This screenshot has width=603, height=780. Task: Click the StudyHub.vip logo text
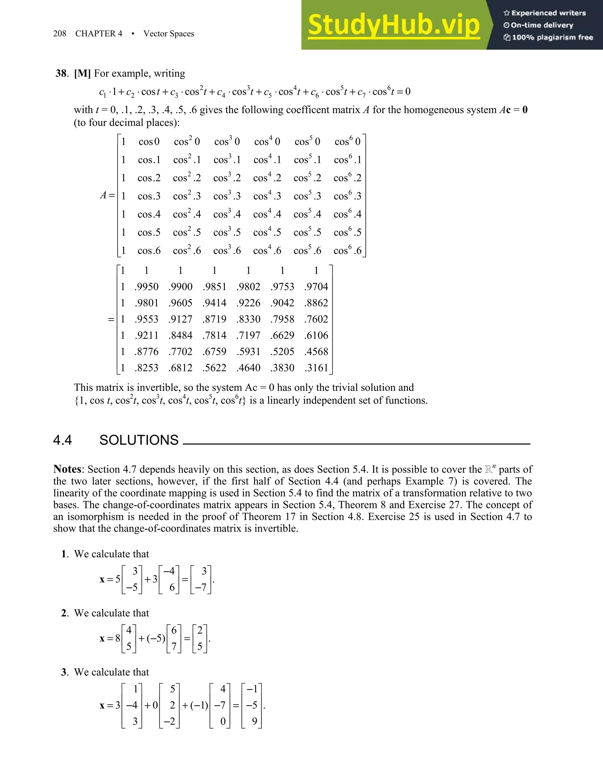pos(394,25)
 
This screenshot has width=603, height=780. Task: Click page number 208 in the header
pos(60,34)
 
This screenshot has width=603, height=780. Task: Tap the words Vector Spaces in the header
pos(169,34)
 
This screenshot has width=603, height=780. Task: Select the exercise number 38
pos(61,73)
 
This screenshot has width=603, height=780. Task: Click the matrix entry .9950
pos(146,286)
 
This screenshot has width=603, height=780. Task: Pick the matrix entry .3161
pos(316,368)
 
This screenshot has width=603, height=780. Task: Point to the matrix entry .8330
pos(248,319)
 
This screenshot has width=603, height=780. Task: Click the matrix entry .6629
pos(282,335)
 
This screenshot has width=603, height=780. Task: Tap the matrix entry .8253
pos(146,368)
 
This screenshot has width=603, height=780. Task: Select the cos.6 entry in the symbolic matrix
pos(149,251)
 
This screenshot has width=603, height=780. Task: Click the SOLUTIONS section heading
pos(139,440)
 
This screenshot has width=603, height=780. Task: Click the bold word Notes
pos(68,469)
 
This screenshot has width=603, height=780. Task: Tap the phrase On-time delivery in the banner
pos(542,25)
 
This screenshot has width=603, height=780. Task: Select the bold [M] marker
pos(82,73)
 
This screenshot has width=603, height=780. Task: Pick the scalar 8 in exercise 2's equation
pos(117,638)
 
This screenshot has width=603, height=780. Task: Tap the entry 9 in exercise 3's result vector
pos(254,721)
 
